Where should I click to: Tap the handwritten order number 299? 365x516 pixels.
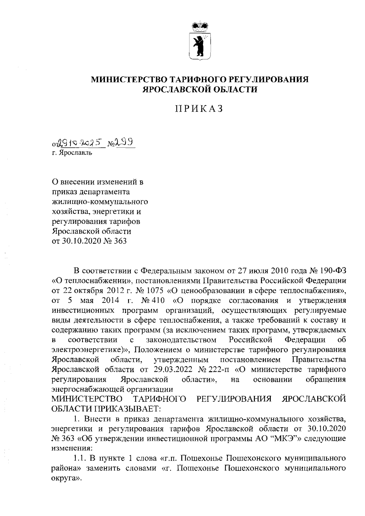[x=125, y=142]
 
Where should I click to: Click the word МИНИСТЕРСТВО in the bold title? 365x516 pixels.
[x=129, y=80]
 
